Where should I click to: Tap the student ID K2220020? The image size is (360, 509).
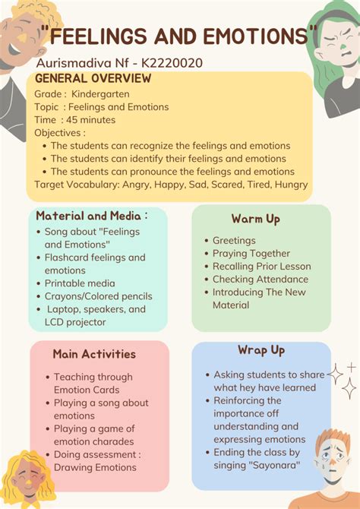click(x=172, y=62)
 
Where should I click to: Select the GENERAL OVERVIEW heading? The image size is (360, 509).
click(x=93, y=78)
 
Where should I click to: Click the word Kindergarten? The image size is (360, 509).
click(x=100, y=94)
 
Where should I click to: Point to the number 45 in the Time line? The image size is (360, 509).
click(x=71, y=120)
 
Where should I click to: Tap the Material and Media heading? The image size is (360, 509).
click(x=92, y=216)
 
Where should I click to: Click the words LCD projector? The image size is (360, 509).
click(x=75, y=322)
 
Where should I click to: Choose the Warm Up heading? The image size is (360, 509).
click(x=255, y=219)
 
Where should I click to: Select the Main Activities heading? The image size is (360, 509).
click(x=94, y=354)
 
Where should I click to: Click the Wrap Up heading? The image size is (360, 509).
click(x=261, y=350)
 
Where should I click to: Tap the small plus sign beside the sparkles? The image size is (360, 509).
click(x=352, y=368)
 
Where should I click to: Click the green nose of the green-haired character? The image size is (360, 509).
click(x=343, y=48)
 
